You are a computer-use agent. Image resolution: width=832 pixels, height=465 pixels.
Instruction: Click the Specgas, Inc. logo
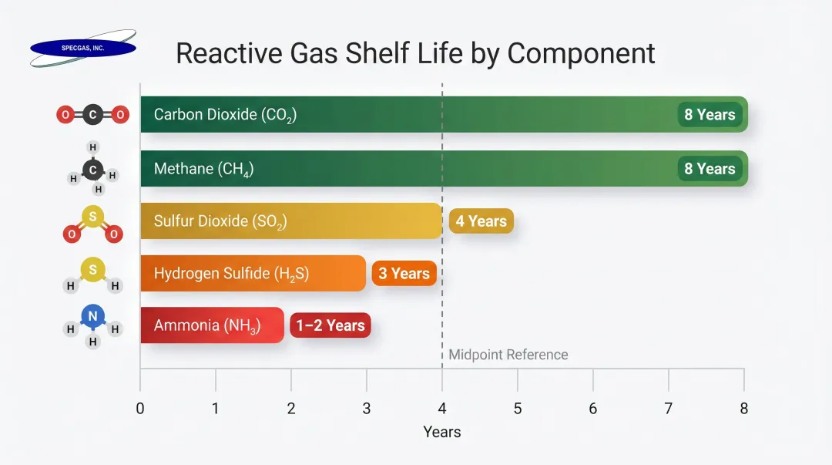click(x=83, y=48)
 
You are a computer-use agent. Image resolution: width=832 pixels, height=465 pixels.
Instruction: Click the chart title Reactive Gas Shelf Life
click(x=415, y=53)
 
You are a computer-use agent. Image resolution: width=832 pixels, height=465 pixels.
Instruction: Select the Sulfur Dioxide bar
click(x=291, y=221)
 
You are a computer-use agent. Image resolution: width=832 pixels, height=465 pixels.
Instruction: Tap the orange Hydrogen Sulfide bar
click(x=253, y=273)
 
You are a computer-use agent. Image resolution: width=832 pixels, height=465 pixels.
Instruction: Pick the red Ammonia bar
click(x=212, y=325)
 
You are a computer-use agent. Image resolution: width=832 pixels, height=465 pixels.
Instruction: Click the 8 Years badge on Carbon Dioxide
click(x=710, y=115)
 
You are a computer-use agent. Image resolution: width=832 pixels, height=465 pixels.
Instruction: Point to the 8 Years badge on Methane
click(x=710, y=169)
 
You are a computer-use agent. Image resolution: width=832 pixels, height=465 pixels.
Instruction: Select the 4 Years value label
click(x=481, y=221)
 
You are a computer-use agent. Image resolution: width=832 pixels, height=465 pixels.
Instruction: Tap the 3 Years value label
click(x=404, y=274)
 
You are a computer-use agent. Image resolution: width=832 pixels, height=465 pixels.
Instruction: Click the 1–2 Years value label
click(x=330, y=325)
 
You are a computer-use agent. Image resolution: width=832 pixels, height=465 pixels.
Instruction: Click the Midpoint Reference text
click(x=508, y=355)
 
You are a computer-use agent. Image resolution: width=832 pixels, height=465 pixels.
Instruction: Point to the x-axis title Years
click(x=442, y=432)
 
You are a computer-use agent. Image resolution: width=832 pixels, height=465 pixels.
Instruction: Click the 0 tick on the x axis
click(x=140, y=409)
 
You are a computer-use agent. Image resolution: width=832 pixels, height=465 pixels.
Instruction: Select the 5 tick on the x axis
click(x=518, y=409)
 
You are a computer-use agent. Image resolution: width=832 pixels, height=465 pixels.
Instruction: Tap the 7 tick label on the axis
click(x=669, y=409)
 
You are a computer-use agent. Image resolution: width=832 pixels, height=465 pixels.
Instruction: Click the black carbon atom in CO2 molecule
click(x=92, y=115)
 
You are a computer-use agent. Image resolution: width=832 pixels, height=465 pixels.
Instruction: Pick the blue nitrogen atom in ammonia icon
click(x=92, y=316)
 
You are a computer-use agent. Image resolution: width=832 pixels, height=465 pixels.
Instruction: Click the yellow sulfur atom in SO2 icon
click(x=92, y=217)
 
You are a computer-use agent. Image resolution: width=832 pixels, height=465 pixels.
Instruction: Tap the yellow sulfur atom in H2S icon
click(x=92, y=269)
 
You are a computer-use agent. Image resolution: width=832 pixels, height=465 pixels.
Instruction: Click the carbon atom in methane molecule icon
click(x=93, y=170)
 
